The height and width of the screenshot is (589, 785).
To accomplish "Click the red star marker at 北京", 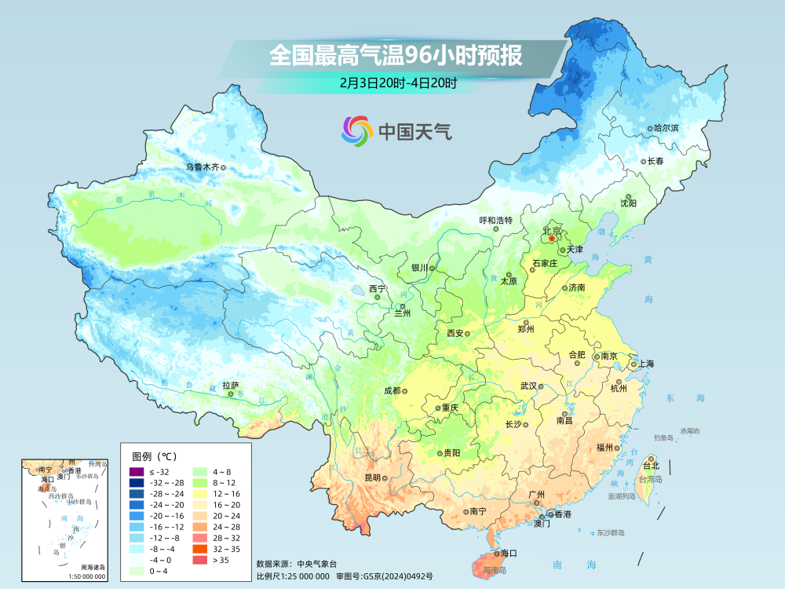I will click(552, 237).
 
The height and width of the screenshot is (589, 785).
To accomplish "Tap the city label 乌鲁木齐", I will click(202, 166).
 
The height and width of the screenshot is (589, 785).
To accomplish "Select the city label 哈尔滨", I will click(666, 127).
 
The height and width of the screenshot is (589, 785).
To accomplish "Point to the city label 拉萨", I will click(230, 386).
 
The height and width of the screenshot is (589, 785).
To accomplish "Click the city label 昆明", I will click(372, 477).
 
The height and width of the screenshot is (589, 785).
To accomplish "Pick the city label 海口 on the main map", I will click(509, 554).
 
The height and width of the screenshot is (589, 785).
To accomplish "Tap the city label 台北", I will click(651, 465).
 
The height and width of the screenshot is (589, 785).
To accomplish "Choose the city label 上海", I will click(646, 364).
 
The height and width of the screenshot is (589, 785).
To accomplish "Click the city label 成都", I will click(391, 390).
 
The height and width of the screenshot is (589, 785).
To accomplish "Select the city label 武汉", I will click(528, 386).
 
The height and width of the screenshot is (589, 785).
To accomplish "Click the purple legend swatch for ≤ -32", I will click(136, 471).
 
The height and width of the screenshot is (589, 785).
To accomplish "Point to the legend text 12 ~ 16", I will click(227, 493).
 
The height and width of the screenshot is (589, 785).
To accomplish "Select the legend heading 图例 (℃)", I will click(155, 455).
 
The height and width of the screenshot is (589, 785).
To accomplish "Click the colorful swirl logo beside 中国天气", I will click(356, 130).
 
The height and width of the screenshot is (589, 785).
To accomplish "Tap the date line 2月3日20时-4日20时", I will click(398, 82).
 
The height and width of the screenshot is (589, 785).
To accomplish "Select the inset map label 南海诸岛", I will click(93, 567).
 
